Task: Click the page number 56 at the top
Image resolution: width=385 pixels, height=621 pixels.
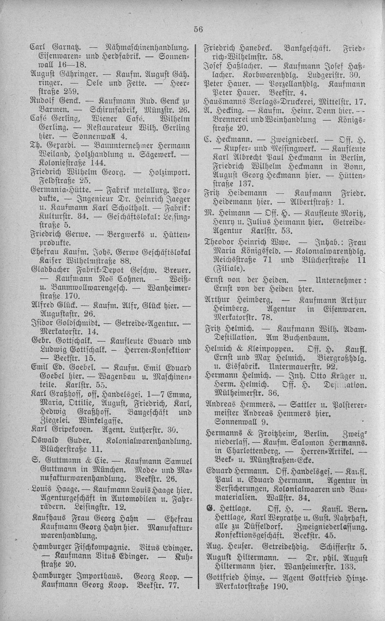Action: pos(198,29)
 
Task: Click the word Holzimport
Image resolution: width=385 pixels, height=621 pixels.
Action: pos(171,173)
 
